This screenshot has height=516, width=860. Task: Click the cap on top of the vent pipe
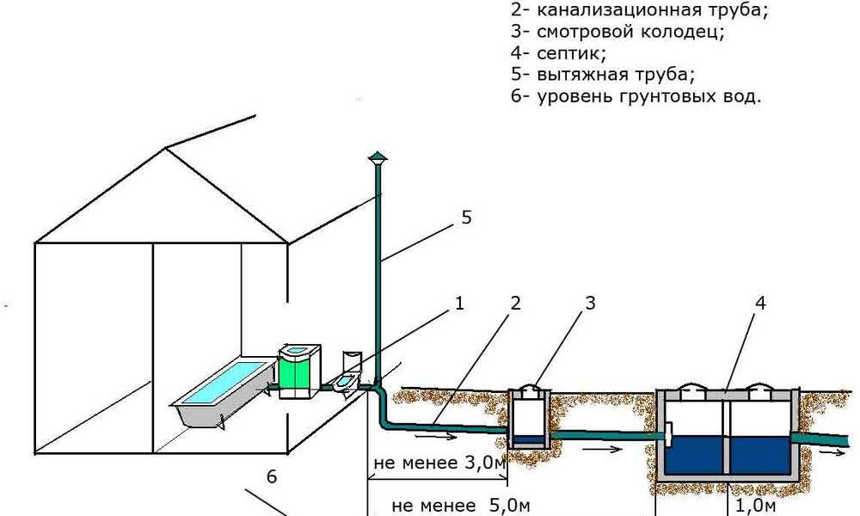(377, 158)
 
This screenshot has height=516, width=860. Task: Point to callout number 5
(466, 218)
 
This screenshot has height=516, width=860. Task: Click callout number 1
(459, 303)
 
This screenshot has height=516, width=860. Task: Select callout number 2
(515, 303)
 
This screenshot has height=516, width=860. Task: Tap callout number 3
(590, 303)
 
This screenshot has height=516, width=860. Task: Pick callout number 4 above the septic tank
(760, 303)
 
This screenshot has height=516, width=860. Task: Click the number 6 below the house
(273, 476)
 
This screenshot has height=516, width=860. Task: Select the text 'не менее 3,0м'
(439, 464)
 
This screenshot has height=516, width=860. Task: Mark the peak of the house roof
(166, 147)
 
